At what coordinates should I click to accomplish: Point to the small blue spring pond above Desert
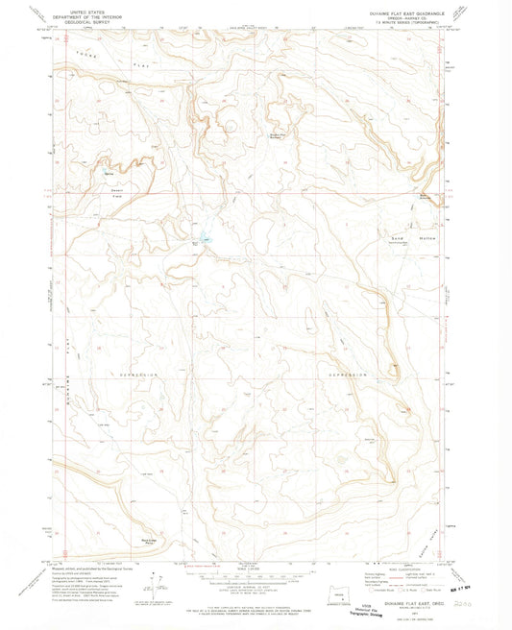point(109,173)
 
